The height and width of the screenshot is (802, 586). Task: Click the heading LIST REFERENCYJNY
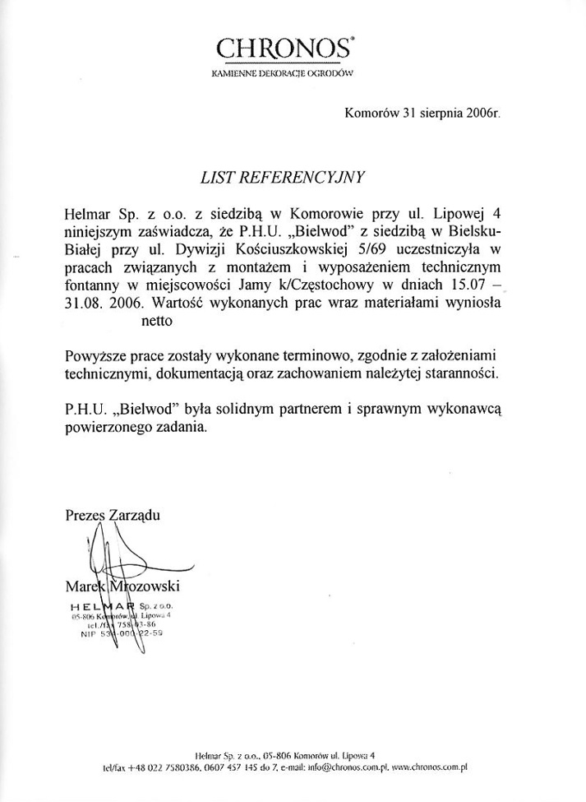pyautogui.click(x=281, y=177)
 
